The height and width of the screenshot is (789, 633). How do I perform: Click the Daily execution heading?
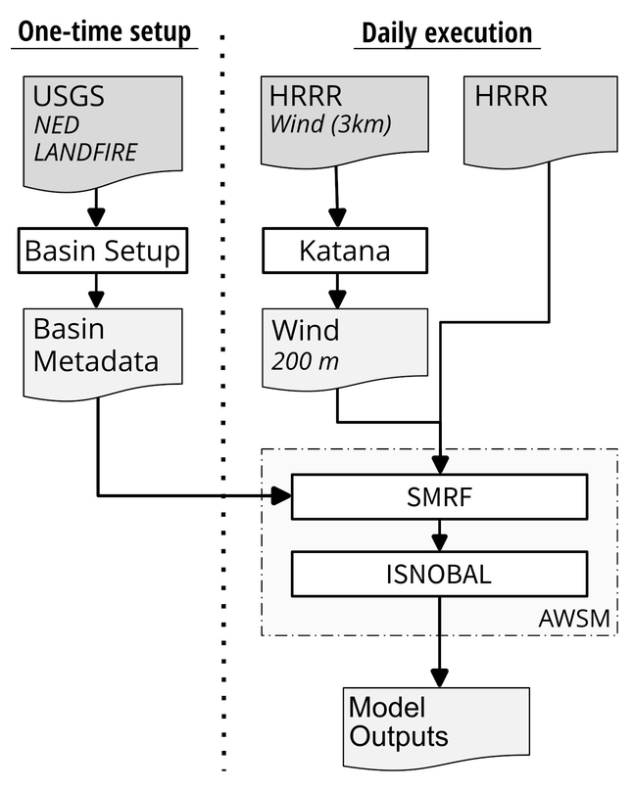pos(447,32)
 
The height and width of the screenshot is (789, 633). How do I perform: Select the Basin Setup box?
pos(103,251)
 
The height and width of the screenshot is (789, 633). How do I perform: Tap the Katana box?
pos(344,252)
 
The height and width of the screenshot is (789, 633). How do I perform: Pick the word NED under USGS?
pos(58,126)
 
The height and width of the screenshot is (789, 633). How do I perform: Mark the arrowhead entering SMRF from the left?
pos(281,495)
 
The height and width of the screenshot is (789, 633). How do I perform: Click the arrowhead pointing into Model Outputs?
pos(441,677)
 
